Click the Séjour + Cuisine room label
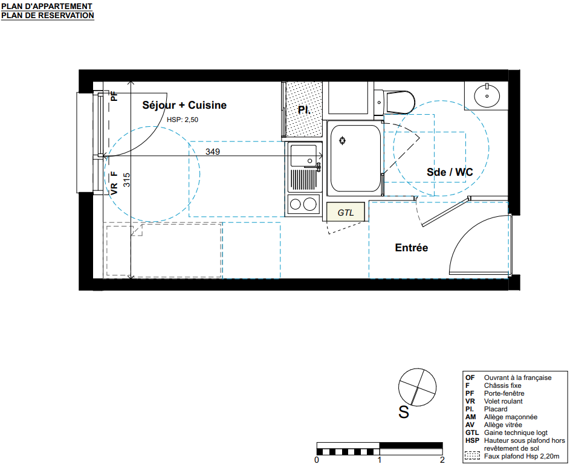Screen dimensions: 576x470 click(x=184, y=105)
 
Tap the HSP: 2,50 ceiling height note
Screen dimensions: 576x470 click(x=183, y=120)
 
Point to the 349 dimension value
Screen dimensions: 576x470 click(x=213, y=151)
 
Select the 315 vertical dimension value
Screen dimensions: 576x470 click(x=126, y=180)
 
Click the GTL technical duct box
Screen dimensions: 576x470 click(x=346, y=212)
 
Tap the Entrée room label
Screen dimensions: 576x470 click(x=412, y=248)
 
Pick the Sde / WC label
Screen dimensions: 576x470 click(x=450, y=172)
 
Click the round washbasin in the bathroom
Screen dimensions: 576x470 click(x=487, y=96)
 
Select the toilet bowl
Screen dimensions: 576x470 click(x=400, y=101)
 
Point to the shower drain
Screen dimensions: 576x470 click(x=342, y=140)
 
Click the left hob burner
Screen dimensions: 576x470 click(x=296, y=204)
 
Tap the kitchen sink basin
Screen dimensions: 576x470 click(x=303, y=156)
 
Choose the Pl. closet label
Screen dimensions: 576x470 click(x=304, y=110)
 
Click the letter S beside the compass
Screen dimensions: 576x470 click(x=404, y=413)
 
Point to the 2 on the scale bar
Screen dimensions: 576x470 click(x=442, y=460)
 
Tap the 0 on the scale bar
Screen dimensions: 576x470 click(x=317, y=460)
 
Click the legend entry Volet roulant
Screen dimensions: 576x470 click(x=503, y=401)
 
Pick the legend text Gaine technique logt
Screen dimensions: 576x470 click(x=516, y=433)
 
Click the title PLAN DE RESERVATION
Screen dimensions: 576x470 click(x=48, y=16)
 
